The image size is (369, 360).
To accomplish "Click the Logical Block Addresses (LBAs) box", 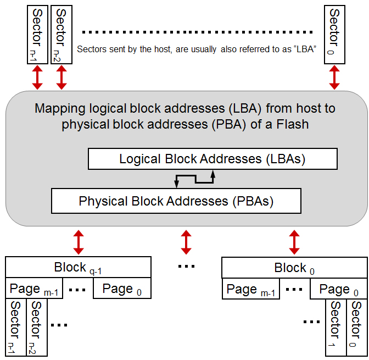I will tap(213, 159).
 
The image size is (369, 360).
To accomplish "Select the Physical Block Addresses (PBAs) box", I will tap(176, 201).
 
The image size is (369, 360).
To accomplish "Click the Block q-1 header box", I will tap(78, 268).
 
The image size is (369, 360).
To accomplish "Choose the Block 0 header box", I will tap(294, 268).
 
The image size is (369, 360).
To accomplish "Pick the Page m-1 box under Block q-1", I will tap(35, 289).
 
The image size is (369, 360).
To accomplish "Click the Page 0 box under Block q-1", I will tap(122, 289).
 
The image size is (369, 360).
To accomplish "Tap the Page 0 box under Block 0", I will tap(338, 289).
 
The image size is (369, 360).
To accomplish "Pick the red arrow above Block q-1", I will tap(79, 241).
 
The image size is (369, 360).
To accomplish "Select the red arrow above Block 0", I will tap(294, 241).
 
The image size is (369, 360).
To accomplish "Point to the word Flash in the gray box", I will tap(292, 124).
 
